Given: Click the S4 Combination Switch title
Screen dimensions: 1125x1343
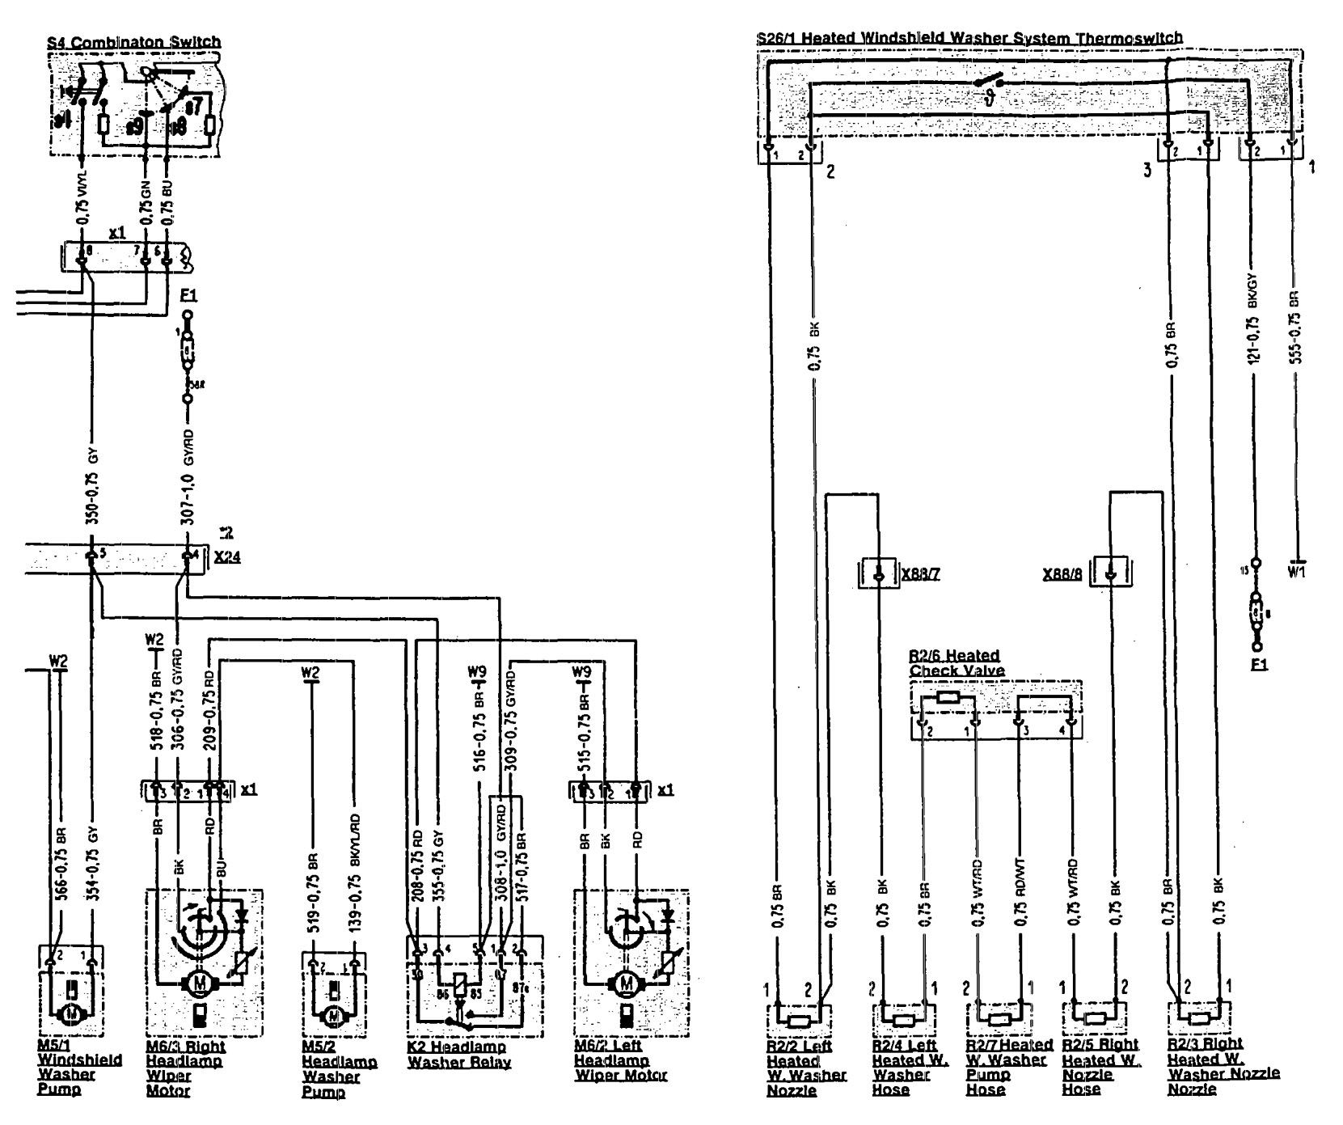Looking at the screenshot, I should pos(129,42).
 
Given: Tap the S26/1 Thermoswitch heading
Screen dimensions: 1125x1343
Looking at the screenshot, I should pos(969,38).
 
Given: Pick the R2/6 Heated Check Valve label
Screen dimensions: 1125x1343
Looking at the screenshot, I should pos(956,662).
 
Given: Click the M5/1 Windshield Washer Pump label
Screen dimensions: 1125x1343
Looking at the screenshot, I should pos(79,1067).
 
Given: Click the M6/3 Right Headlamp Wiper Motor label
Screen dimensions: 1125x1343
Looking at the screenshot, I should pos(184,1067).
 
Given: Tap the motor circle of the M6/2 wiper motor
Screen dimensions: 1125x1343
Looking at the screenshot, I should pos(625,983).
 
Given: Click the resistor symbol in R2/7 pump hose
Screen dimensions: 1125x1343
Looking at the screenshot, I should pos(1000,1018).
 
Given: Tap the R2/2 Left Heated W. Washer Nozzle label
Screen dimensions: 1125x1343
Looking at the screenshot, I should pos(806,1067).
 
